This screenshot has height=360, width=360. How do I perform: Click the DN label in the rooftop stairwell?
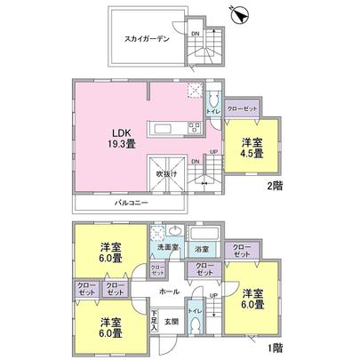pyautogui.click(x=196, y=34)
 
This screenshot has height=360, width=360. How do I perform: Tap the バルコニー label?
pyautogui.click(x=131, y=204)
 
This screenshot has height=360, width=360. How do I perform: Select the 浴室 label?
pyautogui.click(x=202, y=247)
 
